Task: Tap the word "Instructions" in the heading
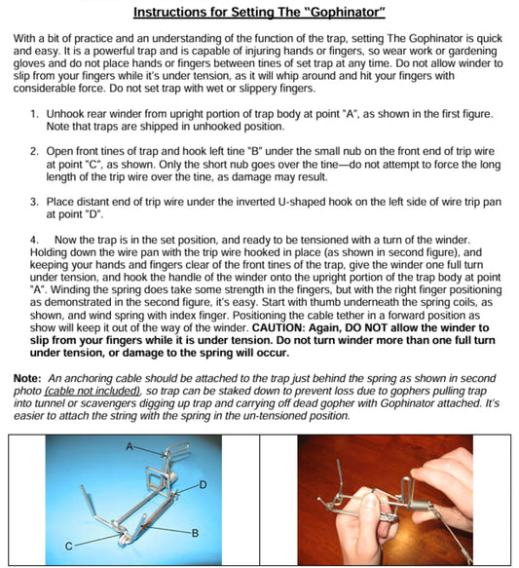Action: pyautogui.click(x=175, y=13)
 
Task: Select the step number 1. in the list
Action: pyautogui.click(x=34, y=112)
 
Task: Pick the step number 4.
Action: pyautogui.click(x=34, y=239)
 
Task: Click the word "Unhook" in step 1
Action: pyautogui.click(x=66, y=112)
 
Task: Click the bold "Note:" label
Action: pyautogui.click(x=27, y=376)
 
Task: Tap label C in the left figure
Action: pyautogui.click(x=68, y=547)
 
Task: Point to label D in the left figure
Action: pyautogui.click(x=203, y=483)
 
